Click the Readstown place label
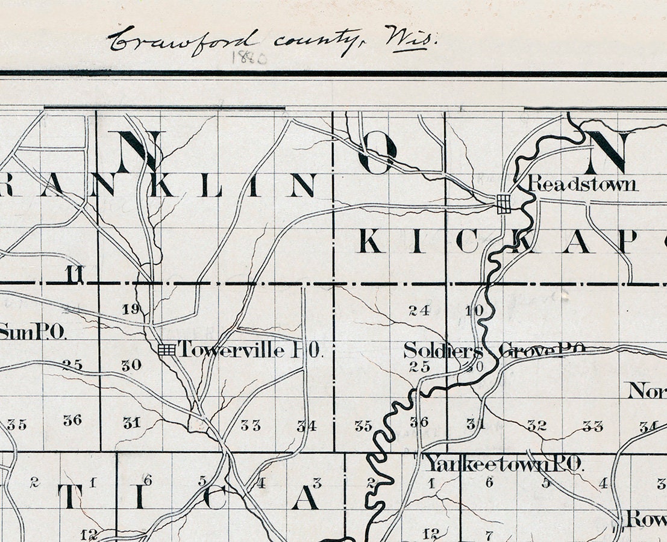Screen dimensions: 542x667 (x=583, y=184)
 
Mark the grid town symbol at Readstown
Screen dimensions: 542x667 (x=503, y=204)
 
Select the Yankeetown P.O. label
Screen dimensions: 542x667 (x=504, y=463)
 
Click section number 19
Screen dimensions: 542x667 (x=130, y=310)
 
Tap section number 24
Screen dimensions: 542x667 (x=418, y=311)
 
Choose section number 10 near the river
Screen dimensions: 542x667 (x=475, y=311)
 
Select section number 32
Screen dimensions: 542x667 (x=536, y=425)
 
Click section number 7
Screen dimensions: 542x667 (x=489, y=534)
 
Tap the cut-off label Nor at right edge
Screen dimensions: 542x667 (x=647, y=391)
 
